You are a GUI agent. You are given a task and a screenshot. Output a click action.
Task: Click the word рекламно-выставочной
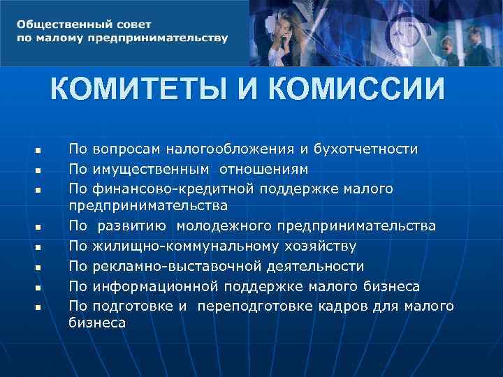click(x=182, y=266)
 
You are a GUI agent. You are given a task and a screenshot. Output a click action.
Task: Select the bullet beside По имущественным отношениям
click(x=39, y=170)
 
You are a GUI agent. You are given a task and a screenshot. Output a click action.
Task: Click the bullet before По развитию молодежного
click(x=39, y=227)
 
